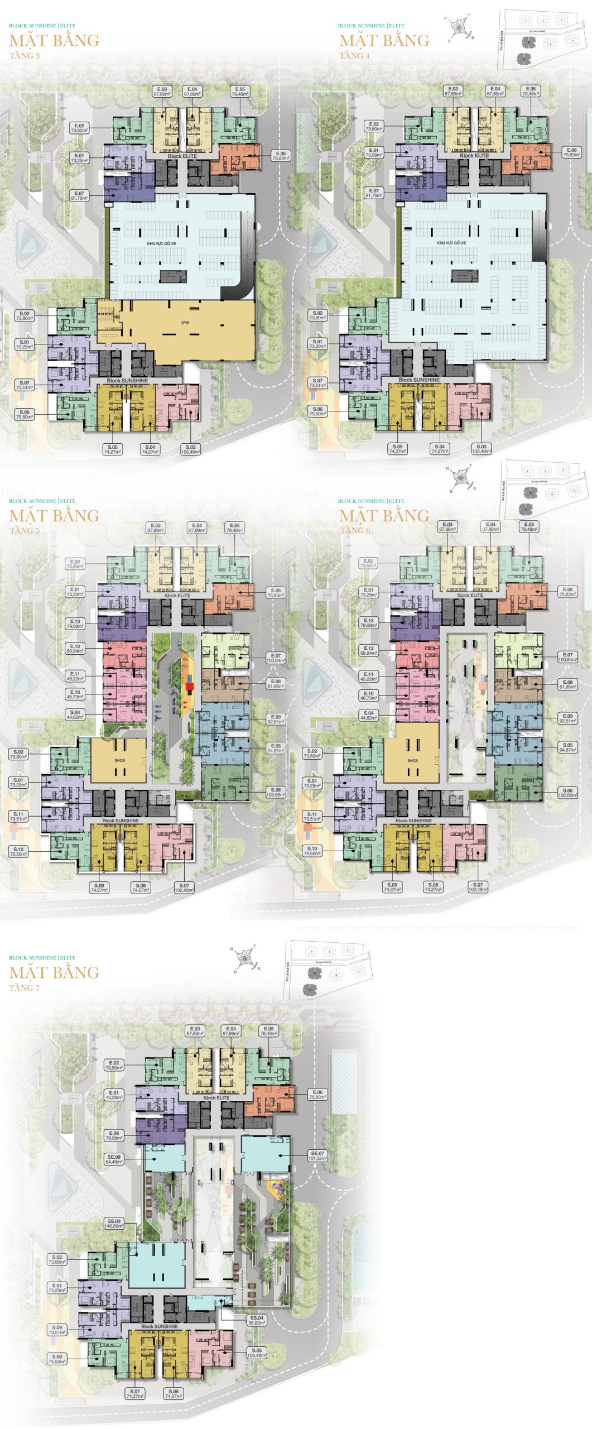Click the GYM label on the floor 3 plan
[185, 322]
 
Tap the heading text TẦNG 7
[25, 987]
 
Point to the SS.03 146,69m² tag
[114, 1224]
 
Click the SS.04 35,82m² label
[257, 1320]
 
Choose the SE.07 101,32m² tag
[317, 1155]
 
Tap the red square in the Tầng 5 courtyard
[190, 686]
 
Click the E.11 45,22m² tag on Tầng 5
[75, 676]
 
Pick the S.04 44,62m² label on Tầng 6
[368, 715]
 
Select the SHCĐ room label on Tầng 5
[119, 760]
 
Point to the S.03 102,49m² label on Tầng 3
[191, 449]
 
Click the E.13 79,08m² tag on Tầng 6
[369, 622]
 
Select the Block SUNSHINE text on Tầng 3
[127, 380]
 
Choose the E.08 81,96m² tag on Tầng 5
[276, 684]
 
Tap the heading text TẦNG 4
[354, 55]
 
